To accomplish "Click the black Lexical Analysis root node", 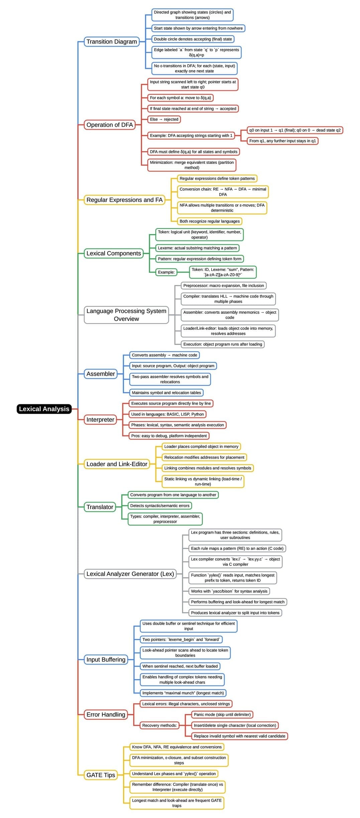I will click(44, 409).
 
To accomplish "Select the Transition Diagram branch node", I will click(112, 41).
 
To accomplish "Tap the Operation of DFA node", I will click(110, 125).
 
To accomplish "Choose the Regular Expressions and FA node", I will click(124, 200).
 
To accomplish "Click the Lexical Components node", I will click(114, 253).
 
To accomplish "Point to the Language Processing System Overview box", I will click(126, 315).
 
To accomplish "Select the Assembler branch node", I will click(101, 374).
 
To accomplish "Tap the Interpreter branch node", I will click(100, 419).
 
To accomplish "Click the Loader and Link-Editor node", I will click(117, 464).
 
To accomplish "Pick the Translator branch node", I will click(100, 507).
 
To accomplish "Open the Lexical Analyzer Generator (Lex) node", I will click(130, 574).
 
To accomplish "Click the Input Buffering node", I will click(106, 659).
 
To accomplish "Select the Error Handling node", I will click(106, 714).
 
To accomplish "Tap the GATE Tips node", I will click(101, 775).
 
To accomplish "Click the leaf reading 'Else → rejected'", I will click(164, 119).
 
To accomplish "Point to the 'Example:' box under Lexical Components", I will click(166, 272).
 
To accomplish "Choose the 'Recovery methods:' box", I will click(159, 725).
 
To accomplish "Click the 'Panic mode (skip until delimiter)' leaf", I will click(222, 714).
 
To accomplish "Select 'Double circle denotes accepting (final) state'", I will click(193, 39).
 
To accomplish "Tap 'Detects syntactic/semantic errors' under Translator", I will click(160, 505).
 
